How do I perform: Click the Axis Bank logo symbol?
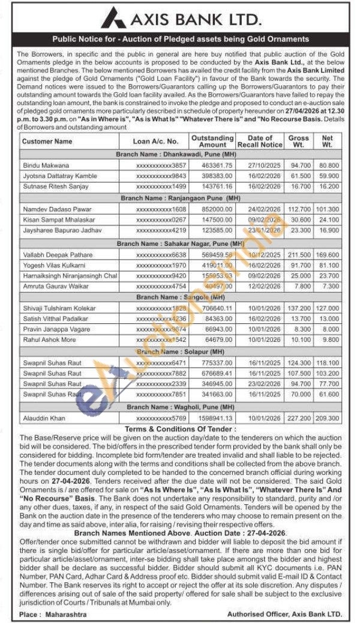click(x=113, y=18)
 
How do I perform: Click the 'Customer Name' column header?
click(x=47, y=142)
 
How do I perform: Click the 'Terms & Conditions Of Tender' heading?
click(x=180, y=429)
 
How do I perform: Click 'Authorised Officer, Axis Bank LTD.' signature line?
click(x=284, y=614)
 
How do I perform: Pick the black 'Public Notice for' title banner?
click(x=180, y=39)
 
